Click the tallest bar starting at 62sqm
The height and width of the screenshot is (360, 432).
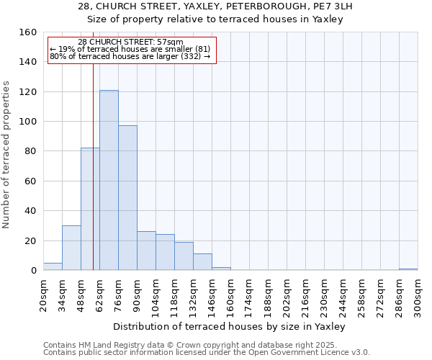point(109,180)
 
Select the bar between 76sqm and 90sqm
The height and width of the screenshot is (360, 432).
point(127,198)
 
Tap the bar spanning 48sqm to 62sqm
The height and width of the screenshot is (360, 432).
point(90,209)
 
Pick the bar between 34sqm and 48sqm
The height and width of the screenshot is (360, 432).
point(71,248)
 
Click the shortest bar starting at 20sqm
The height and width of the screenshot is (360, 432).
point(53,266)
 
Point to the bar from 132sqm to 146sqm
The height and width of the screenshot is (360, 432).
point(202,262)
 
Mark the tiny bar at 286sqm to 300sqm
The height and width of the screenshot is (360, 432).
point(408,269)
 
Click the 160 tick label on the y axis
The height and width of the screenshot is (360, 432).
point(28,32)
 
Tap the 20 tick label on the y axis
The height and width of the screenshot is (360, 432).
point(31,240)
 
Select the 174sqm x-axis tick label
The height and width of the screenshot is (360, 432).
point(249,295)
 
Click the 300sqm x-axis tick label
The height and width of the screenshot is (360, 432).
point(418,295)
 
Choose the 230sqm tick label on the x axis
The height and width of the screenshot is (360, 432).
point(324,295)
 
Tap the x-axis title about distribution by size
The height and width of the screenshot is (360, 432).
point(230,326)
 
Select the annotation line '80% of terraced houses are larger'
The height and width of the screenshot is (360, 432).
point(130,56)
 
